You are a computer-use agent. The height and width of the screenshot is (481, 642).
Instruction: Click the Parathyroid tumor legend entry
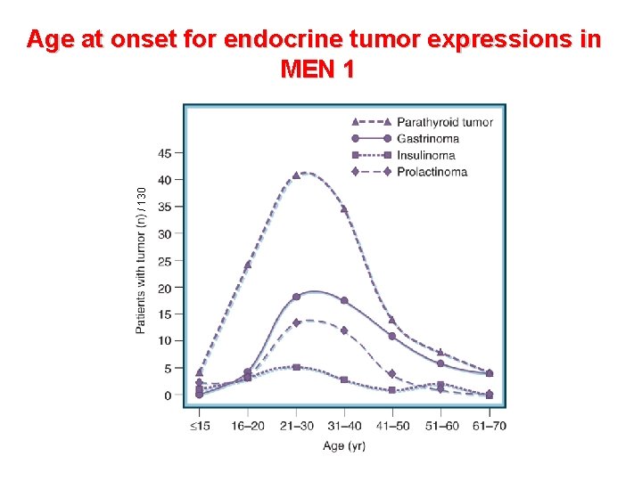(444, 122)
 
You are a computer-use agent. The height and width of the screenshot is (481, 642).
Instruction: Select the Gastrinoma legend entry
(428, 139)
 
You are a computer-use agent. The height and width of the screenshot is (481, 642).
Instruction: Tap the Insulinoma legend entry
(425, 155)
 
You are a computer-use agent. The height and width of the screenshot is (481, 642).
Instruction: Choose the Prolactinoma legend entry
(432, 172)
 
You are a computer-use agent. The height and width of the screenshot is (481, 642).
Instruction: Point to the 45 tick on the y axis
(165, 153)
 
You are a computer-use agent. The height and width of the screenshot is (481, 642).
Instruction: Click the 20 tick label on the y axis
(165, 288)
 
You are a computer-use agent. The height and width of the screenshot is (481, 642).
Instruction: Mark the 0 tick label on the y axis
(169, 395)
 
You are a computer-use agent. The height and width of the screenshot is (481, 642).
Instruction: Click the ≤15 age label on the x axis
(199, 426)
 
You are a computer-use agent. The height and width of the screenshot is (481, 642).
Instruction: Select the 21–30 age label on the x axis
(296, 426)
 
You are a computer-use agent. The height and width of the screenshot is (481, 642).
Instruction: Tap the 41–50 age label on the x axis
(392, 426)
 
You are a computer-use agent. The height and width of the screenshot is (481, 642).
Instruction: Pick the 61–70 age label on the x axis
(489, 426)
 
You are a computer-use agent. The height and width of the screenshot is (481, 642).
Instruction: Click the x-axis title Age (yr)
(344, 445)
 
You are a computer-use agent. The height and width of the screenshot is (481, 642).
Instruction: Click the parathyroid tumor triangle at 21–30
(296, 175)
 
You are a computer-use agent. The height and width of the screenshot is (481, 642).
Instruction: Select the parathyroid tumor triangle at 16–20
(248, 265)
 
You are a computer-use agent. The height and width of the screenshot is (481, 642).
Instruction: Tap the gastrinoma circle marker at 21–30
(296, 297)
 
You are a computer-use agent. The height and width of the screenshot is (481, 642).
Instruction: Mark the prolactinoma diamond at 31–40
(344, 330)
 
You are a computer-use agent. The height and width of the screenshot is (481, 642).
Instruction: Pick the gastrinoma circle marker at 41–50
(392, 336)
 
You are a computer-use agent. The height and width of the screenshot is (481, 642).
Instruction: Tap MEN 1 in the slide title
(317, 69)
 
